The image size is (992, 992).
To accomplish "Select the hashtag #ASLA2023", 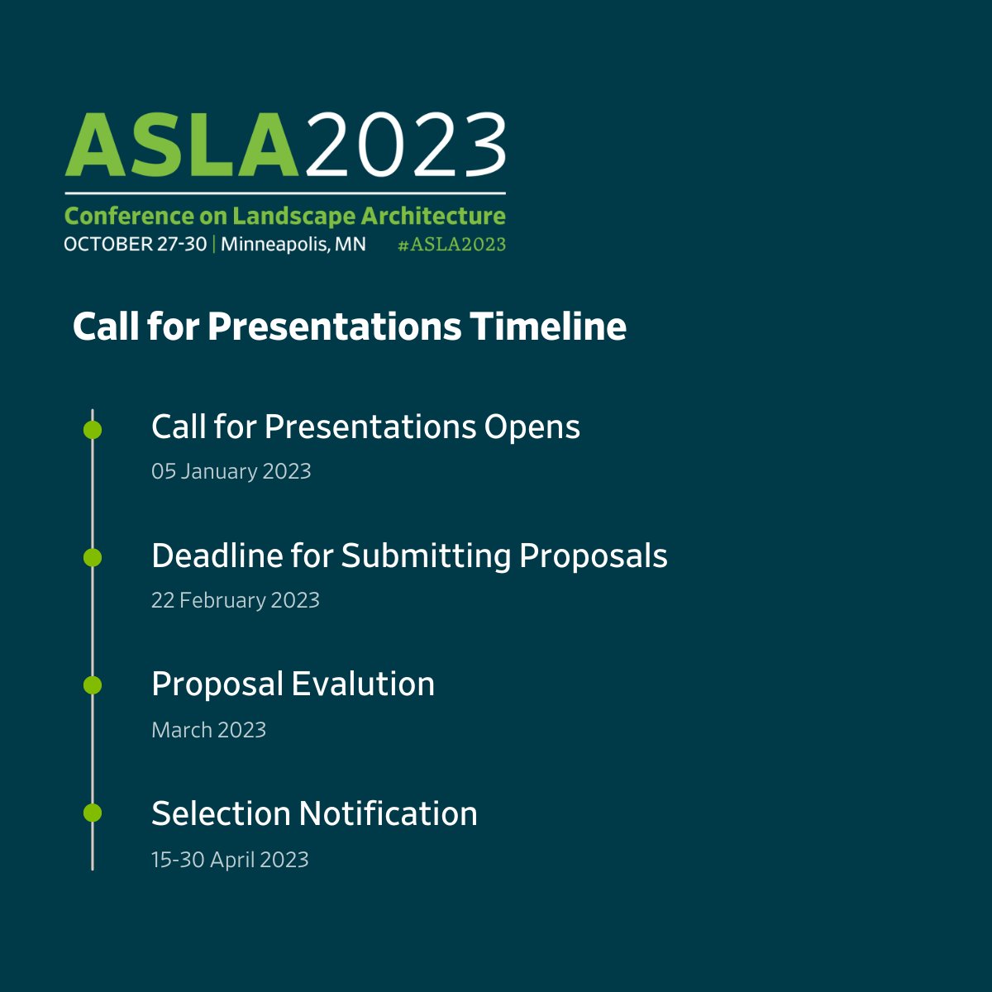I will [x=451, y=245].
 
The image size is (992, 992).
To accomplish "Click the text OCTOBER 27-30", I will [x=135, y=245].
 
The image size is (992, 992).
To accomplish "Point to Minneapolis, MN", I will [x=293, y=245].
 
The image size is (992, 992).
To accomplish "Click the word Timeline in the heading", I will [x=548, y=327].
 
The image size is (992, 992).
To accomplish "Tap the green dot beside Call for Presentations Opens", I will [x=93, y=430].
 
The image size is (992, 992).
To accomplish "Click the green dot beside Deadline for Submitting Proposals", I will [x=93, y=558].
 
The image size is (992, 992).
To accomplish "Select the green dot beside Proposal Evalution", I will [x=93, y=685].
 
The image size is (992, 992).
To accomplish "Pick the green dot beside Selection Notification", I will [x=93, y=813].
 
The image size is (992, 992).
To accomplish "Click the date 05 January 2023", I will [x=231, y=471].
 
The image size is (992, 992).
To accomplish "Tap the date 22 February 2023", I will [x=236, y=600].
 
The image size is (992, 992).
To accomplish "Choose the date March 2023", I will [x=209, y=730].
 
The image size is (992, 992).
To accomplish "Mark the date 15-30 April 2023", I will [x=230, y=860].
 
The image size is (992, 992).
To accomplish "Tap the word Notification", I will [x=389, y=813].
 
